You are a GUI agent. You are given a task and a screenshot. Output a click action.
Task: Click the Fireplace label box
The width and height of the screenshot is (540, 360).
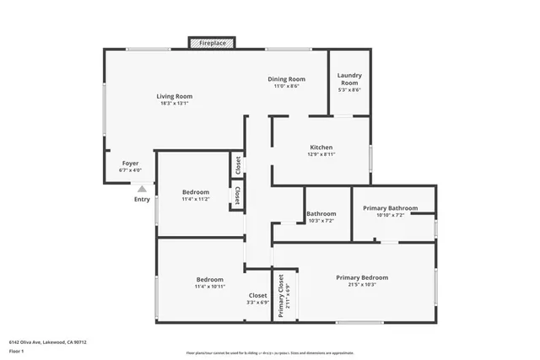point(212,41)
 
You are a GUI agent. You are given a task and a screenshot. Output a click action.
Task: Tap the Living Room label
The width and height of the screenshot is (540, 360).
point(175,96)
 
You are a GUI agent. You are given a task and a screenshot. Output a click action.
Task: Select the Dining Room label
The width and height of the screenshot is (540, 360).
point(286,79)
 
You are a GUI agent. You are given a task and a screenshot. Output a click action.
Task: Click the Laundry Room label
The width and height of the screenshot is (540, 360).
point(349,79)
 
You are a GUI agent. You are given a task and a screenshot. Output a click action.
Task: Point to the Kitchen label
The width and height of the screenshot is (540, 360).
point(321,148)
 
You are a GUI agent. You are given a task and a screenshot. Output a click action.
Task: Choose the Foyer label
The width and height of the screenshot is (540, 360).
point(130,163)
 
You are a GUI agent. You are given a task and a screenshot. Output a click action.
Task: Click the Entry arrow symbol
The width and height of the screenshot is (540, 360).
point(142,189)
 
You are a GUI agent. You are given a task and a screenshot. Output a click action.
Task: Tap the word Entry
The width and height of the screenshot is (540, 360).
point(142,200)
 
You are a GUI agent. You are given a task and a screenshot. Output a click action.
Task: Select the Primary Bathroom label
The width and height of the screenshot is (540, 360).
point(391,207)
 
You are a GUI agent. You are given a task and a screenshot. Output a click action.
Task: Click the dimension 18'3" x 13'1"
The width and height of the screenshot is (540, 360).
point(175,104)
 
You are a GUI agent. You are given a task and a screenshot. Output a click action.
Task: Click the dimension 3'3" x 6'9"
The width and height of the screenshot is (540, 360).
point(258,303)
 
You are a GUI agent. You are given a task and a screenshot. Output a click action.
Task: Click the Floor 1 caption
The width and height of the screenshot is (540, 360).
point(18,351)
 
